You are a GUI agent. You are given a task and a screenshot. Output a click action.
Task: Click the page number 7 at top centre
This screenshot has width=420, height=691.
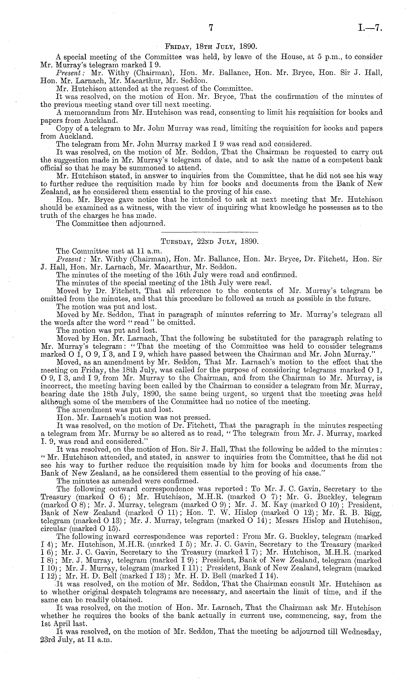[211, 28]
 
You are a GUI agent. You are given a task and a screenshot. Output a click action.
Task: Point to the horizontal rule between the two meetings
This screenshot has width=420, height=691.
[210, 232]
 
